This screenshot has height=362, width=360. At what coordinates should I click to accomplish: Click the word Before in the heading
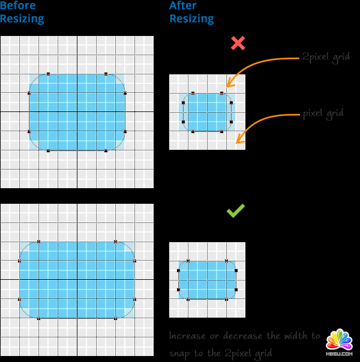[18, 6]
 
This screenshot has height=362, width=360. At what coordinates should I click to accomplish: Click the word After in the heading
[184, 6]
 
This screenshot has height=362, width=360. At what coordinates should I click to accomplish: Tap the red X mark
[238, 43]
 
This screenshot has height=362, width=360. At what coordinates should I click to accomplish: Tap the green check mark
[235, 210]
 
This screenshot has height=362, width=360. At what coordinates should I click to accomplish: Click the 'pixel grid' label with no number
[323, 113]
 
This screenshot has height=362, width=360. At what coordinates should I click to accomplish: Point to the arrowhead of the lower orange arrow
[239, 141]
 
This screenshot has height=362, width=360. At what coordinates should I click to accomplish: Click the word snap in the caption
[180, 353]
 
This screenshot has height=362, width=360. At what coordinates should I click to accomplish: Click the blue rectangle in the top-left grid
[77, 112]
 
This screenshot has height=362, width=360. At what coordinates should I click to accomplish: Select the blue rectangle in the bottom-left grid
[77, 280]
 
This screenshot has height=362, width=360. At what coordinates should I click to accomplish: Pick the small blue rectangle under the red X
[207, 112]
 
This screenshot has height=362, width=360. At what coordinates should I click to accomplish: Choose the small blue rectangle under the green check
[207, 280]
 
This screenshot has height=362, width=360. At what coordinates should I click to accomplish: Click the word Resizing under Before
[22, 19]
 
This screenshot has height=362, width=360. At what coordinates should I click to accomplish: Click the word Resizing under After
[191, 19]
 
